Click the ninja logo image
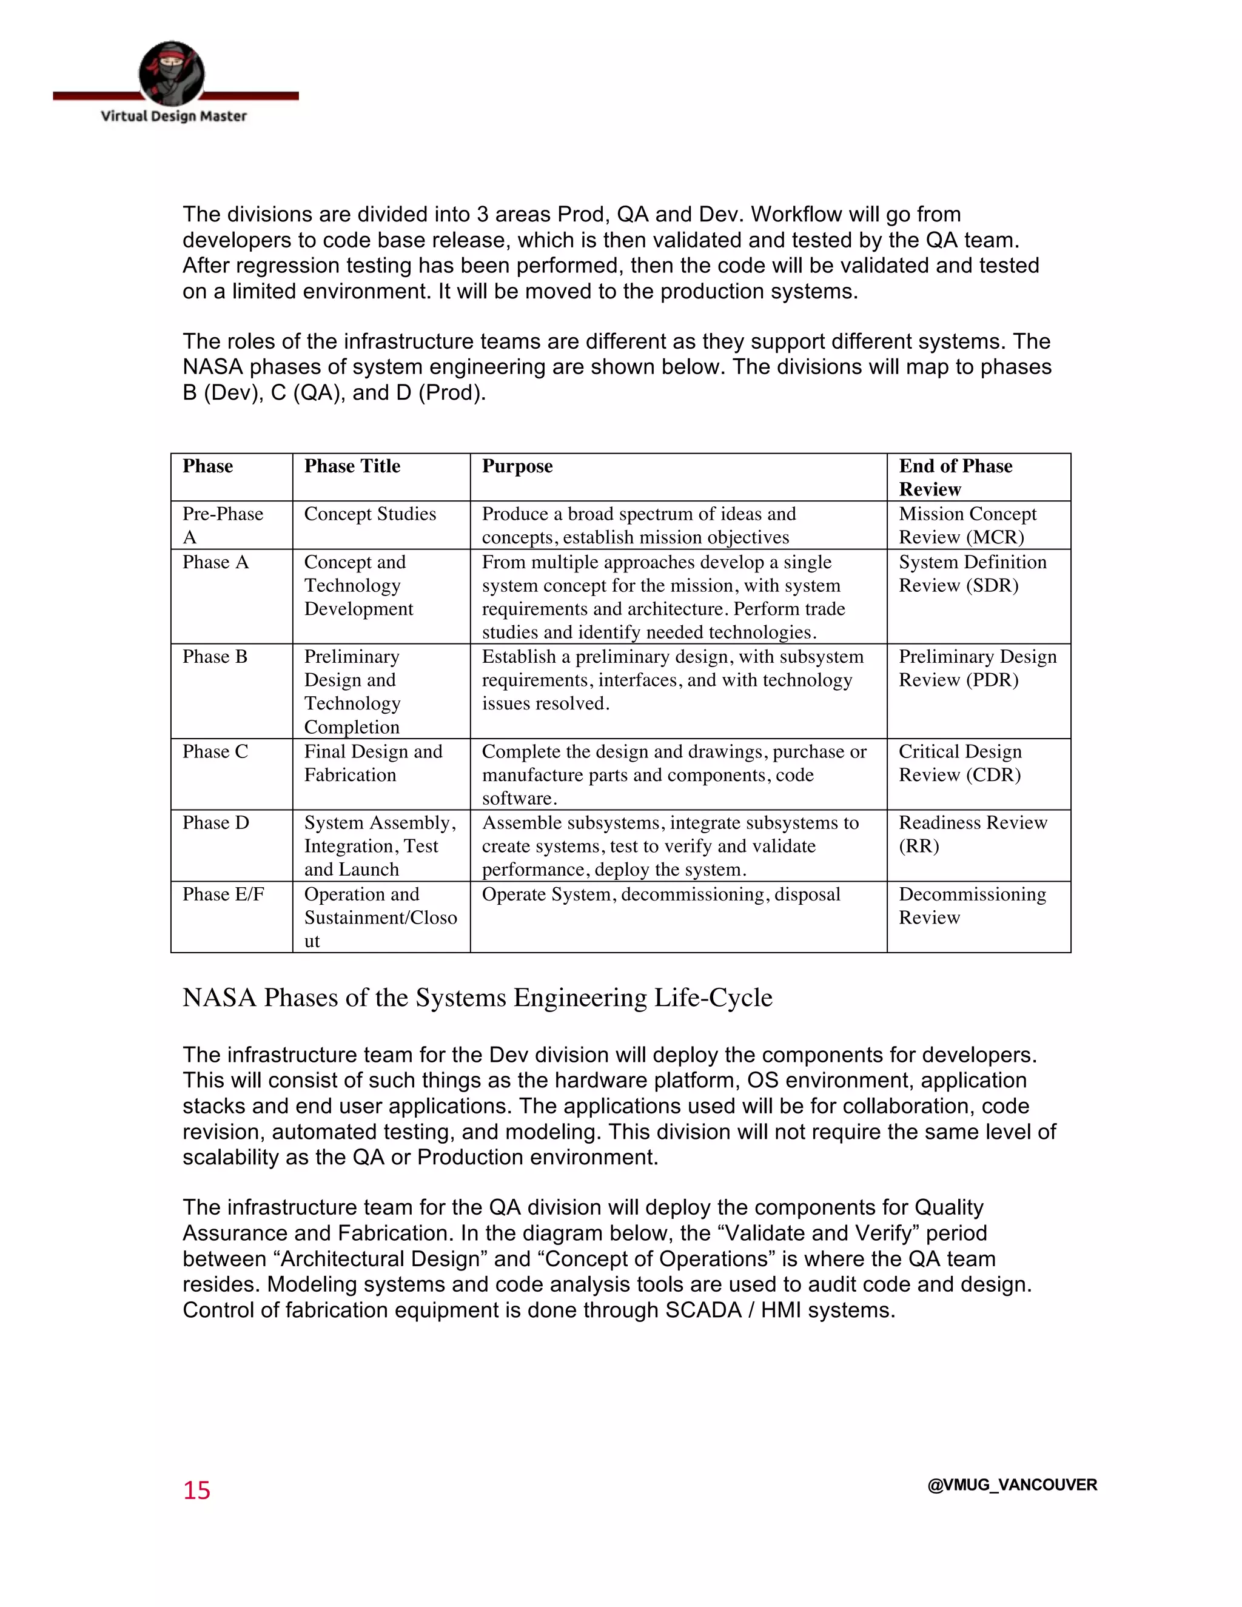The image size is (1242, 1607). [x=172, y=73]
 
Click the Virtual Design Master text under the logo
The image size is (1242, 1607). [x=173, y=116]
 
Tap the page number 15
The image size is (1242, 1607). [x=196, y=1490]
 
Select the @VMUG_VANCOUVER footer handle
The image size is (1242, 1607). [x=1012, y=1485]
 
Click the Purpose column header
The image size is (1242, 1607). [x=517, y=466]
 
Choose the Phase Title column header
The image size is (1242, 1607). [x=352, y=466]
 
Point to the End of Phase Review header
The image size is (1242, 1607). [x=955, y=477]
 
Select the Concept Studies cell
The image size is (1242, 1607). [x=370, y=514]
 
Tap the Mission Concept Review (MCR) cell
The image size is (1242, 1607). [x=967, y=525]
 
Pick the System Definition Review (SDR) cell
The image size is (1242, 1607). [x=972, y=574]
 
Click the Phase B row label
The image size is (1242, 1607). [x=215, y=657]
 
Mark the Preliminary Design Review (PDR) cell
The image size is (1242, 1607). [x=977, y=668]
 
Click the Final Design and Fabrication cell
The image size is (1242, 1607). [x=373, y=763]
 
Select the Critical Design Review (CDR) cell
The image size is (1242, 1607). [x=959, y=763]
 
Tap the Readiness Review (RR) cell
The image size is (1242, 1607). [x=973, y=834]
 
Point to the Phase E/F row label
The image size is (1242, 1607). [x=223, y=894]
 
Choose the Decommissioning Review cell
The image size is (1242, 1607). [x=972, y=906]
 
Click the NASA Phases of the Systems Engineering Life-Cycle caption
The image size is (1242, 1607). [x=477, y=998]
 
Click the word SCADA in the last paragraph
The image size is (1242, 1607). [x=703, y=1310]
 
